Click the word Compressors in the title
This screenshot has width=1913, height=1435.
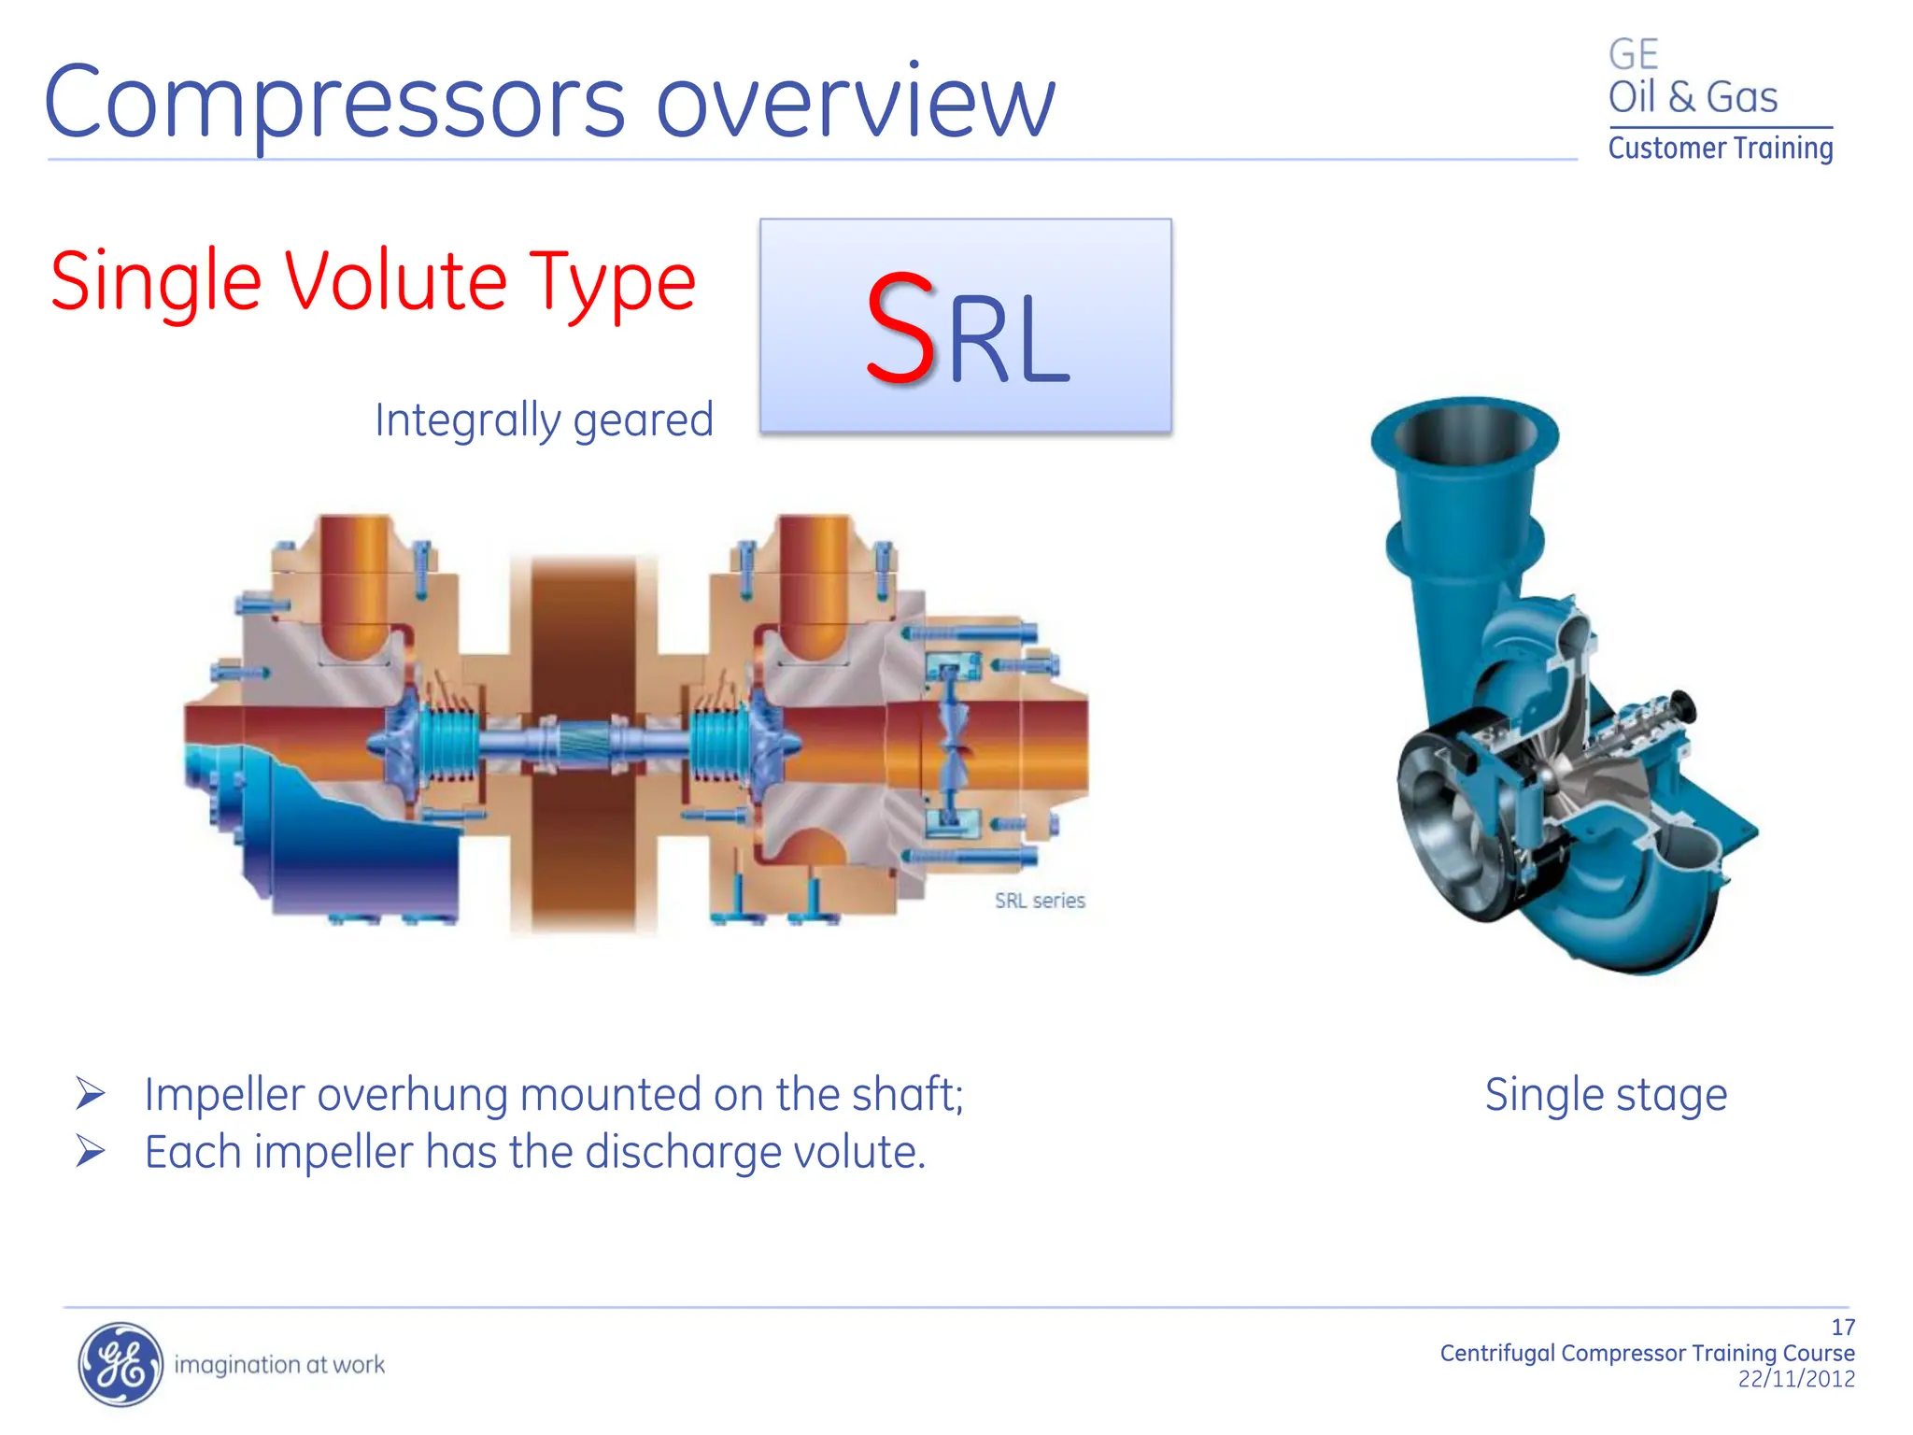[333, 103]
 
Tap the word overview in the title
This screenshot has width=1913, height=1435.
[855, 103]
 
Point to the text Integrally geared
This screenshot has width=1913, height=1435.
[544, 419]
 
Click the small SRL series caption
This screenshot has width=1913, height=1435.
[1039, 901]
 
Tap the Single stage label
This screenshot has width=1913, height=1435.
[1606, 1094]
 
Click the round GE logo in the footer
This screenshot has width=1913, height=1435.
[120, 1364]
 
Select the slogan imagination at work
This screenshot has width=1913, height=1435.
[279, 1365]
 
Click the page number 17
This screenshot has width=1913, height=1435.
[1842, 1327]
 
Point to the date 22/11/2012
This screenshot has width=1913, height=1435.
[1795, 1379]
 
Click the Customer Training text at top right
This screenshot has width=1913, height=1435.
[1720, 148]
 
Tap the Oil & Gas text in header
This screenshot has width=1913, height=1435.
[1692, 97]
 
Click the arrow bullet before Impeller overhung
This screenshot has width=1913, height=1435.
[91, 1093]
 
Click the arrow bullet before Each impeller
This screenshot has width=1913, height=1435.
[91, 1151]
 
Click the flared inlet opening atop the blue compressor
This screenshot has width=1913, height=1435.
[1465, 434]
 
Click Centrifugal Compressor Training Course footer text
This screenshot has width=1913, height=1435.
[1647, 1353]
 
